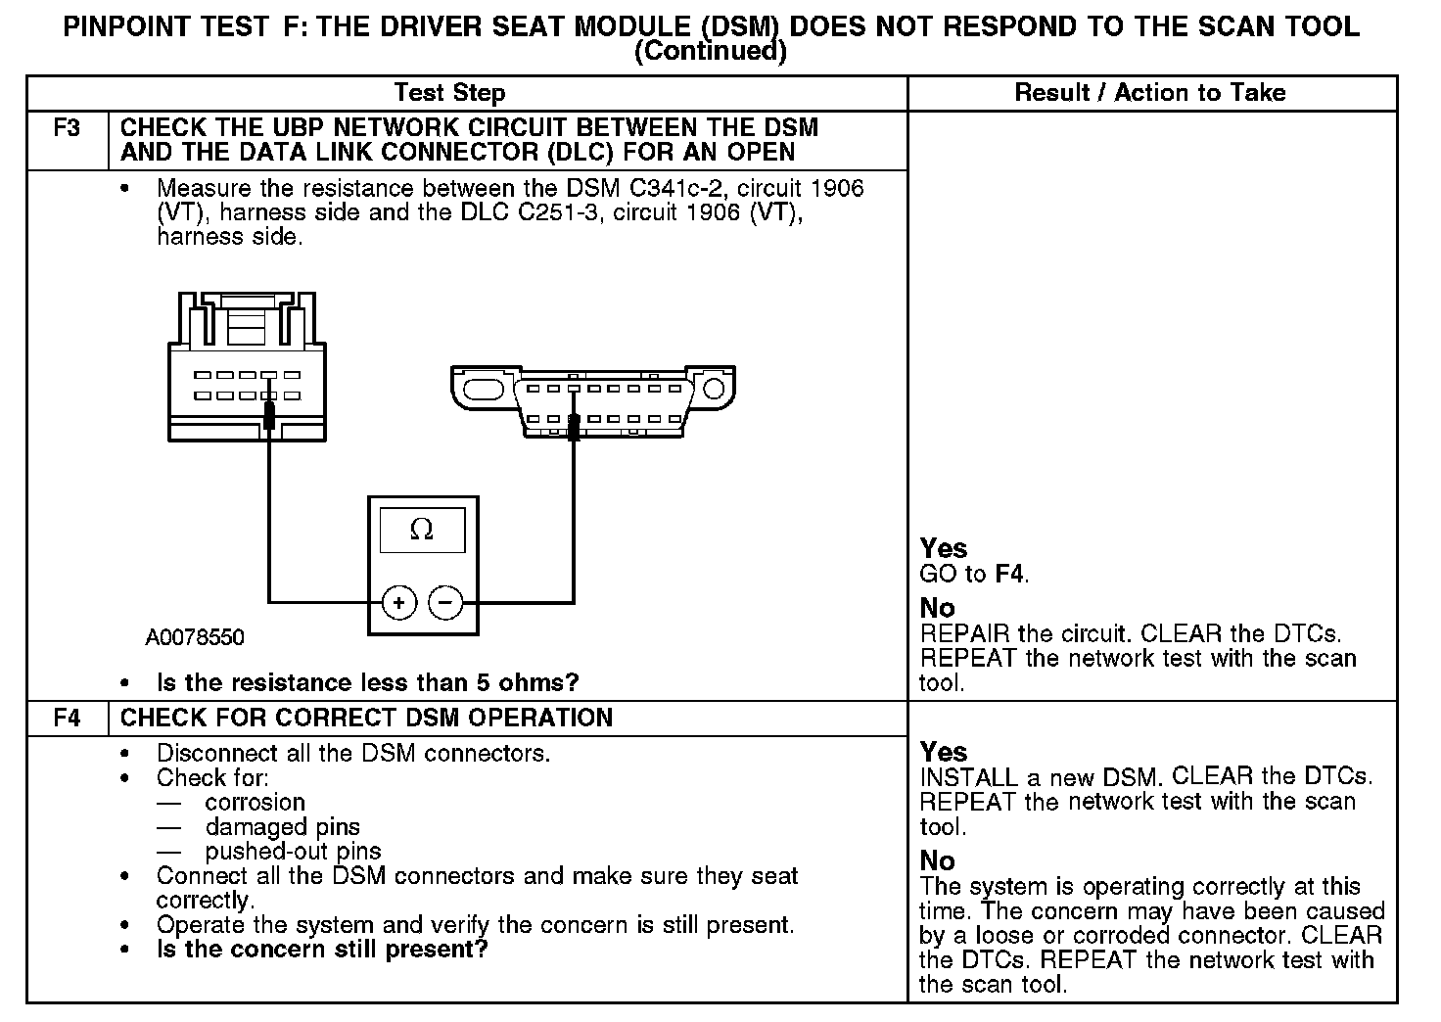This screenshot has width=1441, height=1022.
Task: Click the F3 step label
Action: [x=67, y=128]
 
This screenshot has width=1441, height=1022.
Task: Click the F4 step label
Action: [x=67, y=718]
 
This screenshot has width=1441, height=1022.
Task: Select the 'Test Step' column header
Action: [x=449, y=93]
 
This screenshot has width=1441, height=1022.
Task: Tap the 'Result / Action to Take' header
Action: [x=1150, y=93]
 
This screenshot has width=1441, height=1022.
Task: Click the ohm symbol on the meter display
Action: [x=422, y=530]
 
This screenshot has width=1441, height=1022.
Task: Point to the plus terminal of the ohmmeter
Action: [x=398, y=602]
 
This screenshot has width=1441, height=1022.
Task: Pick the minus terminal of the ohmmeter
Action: [x=446, y=602]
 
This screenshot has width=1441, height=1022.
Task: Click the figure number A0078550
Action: [x=195, y=638]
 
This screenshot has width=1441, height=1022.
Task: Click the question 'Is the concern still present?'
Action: [x=321, y=950]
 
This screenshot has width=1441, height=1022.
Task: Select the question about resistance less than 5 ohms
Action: [x=367, y=682]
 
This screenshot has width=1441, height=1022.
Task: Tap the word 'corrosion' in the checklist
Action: [x=255, y=803]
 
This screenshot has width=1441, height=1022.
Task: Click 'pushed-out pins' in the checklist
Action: [x=293, y=852]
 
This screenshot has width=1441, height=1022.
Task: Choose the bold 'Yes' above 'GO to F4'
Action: [x=944, y=548]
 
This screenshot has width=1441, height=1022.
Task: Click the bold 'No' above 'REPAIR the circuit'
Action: [x=937, y=608]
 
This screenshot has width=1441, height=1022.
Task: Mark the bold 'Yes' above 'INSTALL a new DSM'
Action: [x=944, y=752]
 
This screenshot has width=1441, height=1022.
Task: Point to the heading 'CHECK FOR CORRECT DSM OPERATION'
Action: [x=366, y=718]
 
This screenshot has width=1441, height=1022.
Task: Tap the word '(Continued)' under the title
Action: [x=711, y=51]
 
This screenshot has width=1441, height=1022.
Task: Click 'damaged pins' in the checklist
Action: [x=282, y=827]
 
